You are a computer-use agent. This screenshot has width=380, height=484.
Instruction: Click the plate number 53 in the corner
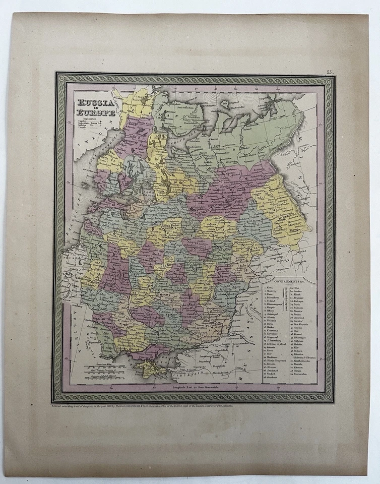[330, 73]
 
